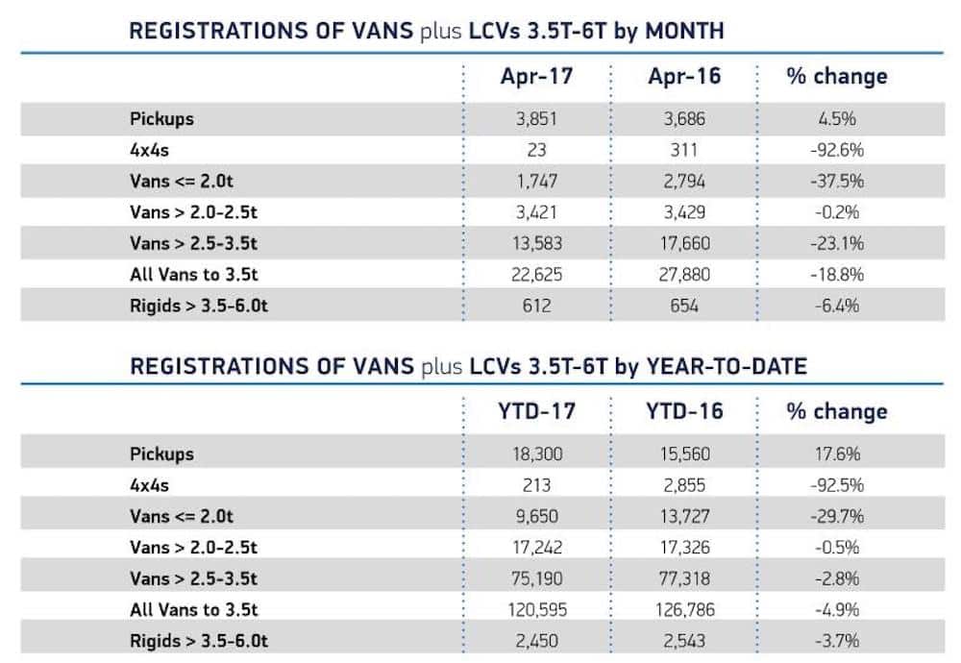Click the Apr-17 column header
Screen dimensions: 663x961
click(536, 77)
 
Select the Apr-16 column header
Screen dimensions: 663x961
click(684, 77)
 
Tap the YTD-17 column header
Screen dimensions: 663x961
click(536, 411)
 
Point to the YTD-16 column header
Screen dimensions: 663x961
click(684, 411)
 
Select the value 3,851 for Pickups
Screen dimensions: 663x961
click(536, 119)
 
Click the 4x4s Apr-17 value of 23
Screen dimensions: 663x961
click(536, 150)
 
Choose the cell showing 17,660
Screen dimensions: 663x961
click(684, 243)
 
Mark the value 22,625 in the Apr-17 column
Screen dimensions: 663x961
click(536, 275)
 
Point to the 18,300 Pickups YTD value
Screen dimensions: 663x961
click(536, 454)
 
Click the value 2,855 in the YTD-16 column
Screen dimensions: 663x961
click(684, 485)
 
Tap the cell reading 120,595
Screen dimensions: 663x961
click(536, 609)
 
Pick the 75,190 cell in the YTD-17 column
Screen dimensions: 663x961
click(536, 578)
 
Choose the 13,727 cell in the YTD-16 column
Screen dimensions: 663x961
click(684, 516)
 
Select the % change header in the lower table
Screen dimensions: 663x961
click(836, 411)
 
